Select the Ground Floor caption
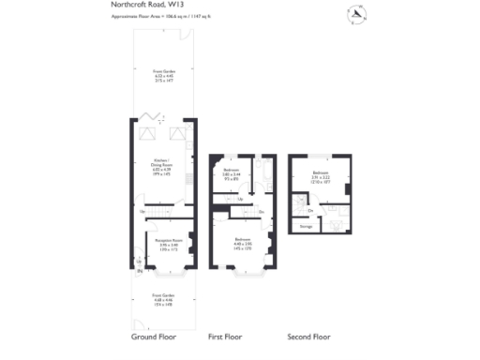[155, 335]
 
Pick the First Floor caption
[230, 335]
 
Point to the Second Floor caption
[309, 335]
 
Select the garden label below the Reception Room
[165, 298]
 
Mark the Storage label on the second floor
[306, 227]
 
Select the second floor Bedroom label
[320, 176]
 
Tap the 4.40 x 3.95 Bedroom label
[243, 242]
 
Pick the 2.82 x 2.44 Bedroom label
[232, 173]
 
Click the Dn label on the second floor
[310, 210]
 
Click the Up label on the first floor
[241, 199]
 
